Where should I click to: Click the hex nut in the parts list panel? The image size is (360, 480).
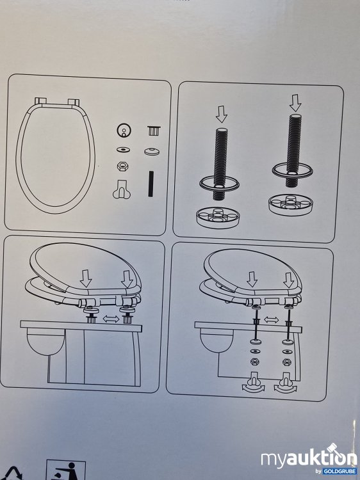[122, 166]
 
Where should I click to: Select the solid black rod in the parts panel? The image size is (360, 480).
[151, 184]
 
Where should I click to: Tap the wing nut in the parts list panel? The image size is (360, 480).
[122, 189]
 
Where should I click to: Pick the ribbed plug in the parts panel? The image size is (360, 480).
[154, 131]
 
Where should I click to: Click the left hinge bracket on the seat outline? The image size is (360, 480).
[40, 101]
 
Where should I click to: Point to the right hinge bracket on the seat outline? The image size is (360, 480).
[74, 102]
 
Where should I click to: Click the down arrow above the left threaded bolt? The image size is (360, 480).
[221, 114]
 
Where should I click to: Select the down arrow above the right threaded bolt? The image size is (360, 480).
[295, 103]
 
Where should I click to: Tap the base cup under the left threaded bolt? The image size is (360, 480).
[218, 218]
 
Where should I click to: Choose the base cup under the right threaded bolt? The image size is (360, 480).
[291, 204]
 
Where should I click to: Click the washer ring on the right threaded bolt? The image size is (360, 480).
[292, 170]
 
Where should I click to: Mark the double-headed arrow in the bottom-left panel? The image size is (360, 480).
[111, 319]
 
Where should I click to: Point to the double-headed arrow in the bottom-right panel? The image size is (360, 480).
[271, 320]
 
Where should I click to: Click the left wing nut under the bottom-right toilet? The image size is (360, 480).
[253, 383]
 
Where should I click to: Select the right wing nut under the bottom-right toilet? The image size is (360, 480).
[286, 383]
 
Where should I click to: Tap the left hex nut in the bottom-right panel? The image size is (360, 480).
[254, 362]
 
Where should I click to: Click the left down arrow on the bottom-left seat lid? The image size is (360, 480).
[86, 278]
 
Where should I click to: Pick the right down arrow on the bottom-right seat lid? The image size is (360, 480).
[288, 280]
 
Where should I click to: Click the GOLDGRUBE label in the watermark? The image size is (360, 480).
[340, 471]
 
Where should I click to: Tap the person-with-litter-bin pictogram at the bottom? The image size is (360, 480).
[65, 470]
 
